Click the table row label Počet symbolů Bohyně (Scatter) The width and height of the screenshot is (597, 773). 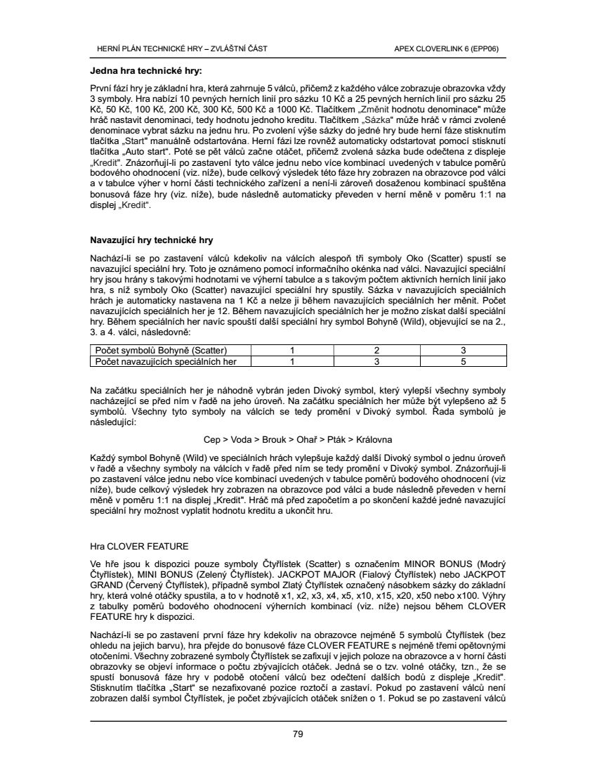[160, 350]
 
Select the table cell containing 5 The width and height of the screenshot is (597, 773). [463, 361]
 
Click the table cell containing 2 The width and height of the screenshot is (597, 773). [376, 350]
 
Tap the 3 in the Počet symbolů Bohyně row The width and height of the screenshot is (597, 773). [463, 350]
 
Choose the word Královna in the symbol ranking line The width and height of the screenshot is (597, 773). [375, 439]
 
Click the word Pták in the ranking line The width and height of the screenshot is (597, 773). [339, 439]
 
